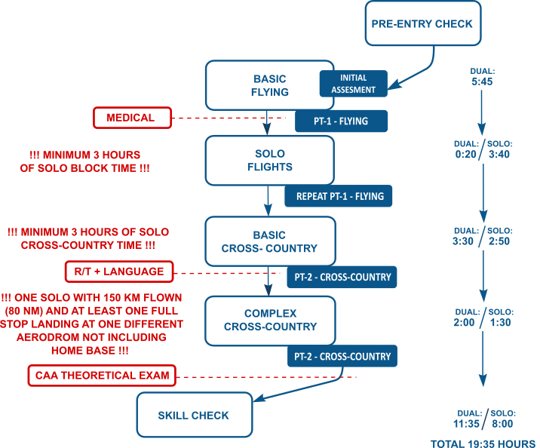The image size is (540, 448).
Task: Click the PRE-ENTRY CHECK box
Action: click(422, 23)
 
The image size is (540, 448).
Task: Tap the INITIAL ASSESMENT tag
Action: click(353, 84)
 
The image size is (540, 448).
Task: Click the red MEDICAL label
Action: click(130, 118)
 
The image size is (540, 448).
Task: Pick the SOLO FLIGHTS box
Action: click(269, 160)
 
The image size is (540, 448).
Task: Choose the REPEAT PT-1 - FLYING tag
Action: click(339, 196)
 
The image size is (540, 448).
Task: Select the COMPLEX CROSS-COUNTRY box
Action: click(269, 320)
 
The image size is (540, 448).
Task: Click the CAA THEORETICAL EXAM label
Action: click(103, 374)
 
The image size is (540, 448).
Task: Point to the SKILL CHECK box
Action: click(194, 415)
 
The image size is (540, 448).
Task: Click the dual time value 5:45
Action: click(481, 81)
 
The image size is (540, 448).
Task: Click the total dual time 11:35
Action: click(465, 424)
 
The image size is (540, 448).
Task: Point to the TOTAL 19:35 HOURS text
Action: click(483, 443)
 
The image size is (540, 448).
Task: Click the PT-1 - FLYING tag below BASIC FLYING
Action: click(341, 121)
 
